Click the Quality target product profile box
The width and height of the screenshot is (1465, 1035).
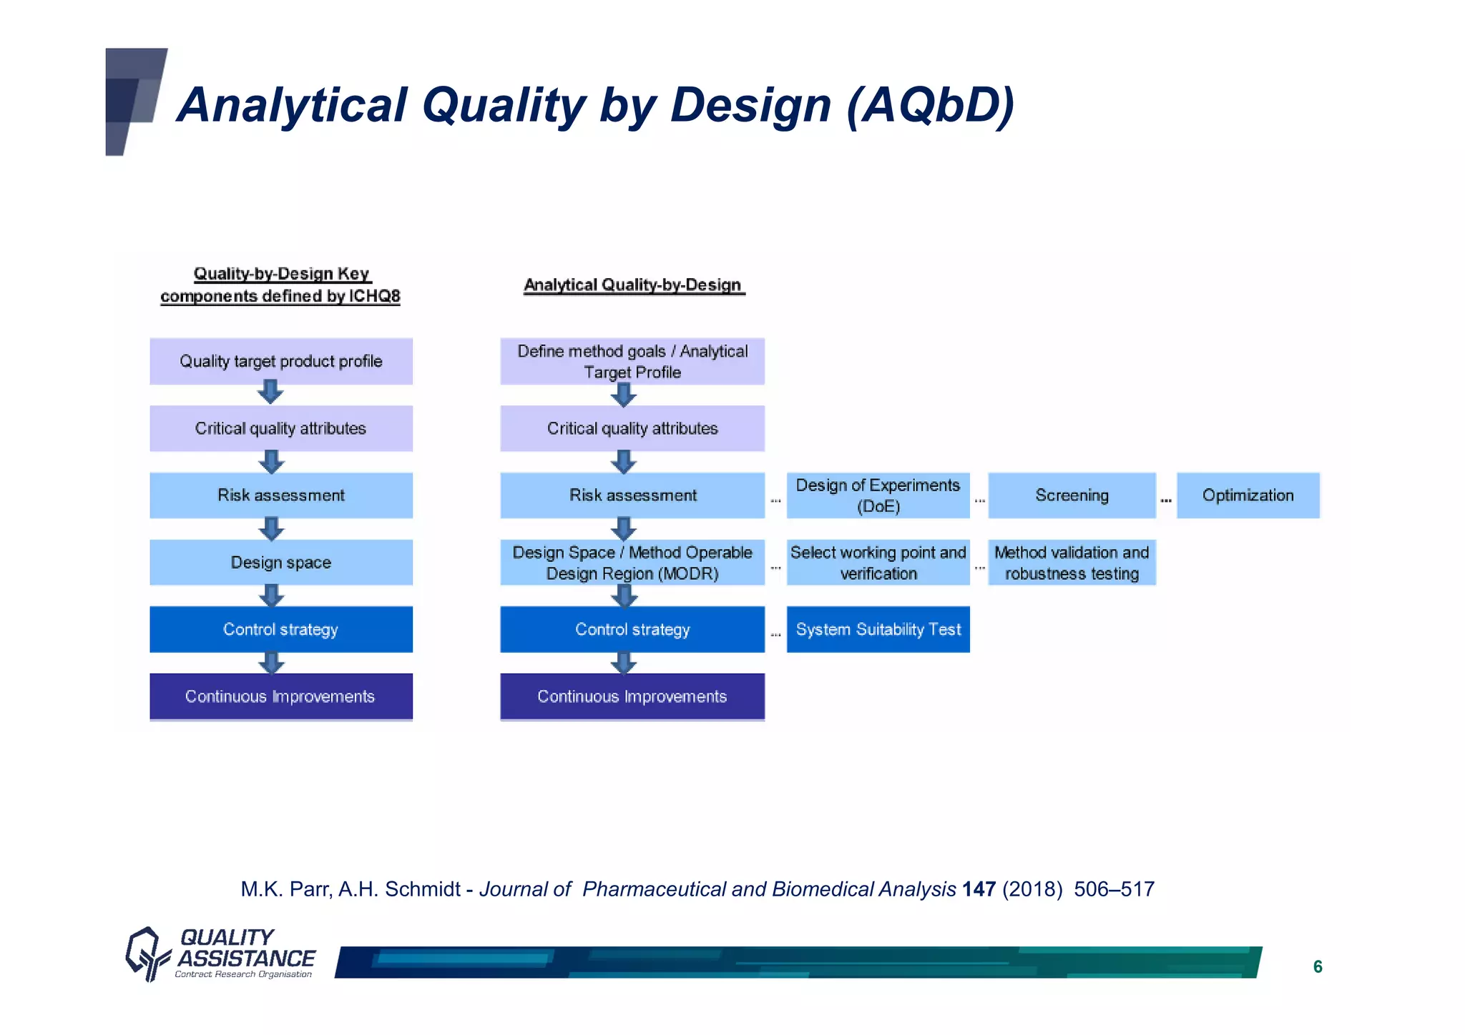tap(280, 361)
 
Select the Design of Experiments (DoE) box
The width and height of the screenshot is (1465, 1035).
tap(878, 495)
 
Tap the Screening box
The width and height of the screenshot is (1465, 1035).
tap(1071, 495)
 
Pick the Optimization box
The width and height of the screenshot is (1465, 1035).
tap(1248, 495)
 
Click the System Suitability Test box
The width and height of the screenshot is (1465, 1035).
tap(878, 629)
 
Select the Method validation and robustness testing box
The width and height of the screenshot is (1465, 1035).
tap(1071, 563)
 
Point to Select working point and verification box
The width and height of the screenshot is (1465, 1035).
tap(878, 563)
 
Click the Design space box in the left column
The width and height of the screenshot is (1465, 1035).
tap(280, 563)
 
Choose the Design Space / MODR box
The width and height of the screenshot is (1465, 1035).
tap(632, 563)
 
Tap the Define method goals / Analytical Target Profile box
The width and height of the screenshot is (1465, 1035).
tap(632, 361)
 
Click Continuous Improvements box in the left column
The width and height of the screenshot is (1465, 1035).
tap(280, 696)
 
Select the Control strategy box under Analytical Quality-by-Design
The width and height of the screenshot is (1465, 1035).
tap(632, 629)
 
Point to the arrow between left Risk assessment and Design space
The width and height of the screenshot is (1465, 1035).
tap(271, 529)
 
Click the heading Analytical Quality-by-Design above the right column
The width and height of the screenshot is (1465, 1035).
tap(633, 285)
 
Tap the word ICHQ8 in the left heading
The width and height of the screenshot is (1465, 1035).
tap(374, 296)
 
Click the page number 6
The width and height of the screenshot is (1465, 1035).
tap(1318, 967)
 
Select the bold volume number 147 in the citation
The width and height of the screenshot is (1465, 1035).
tap(979, 889)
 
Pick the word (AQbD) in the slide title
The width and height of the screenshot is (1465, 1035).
tap(930, 105)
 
